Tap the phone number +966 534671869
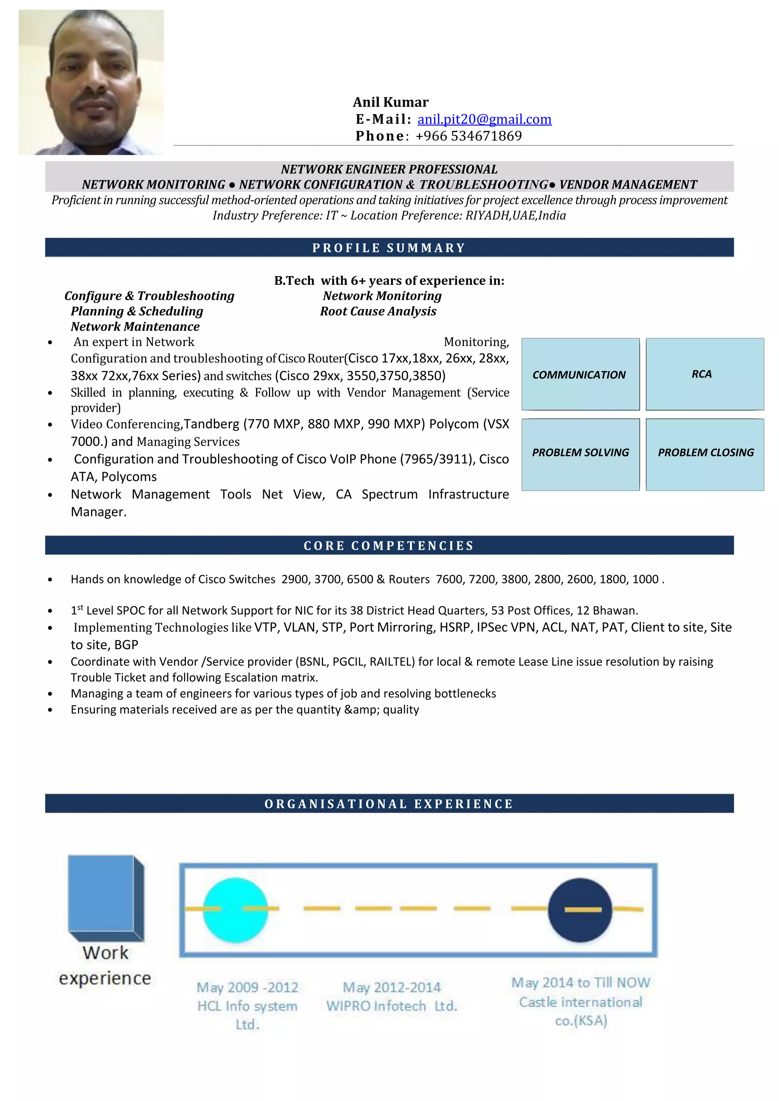pos(468,136)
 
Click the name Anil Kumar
pos(391,102)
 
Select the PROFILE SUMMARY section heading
pos(389,248)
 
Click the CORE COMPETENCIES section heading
pos(389,546)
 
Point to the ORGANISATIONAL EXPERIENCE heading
pos(389,804)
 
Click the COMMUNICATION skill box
pos(580,375)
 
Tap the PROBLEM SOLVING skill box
pos(580,453)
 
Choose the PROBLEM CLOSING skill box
pos(705,453)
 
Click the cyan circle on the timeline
pos(235,910)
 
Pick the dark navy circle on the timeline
pos(580,910)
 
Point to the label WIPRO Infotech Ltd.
pos(391,1006)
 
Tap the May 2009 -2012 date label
pos(247,987)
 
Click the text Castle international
pos(580,1002)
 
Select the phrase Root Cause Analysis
pos(378,311)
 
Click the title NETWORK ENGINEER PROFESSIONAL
pos(389,169)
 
